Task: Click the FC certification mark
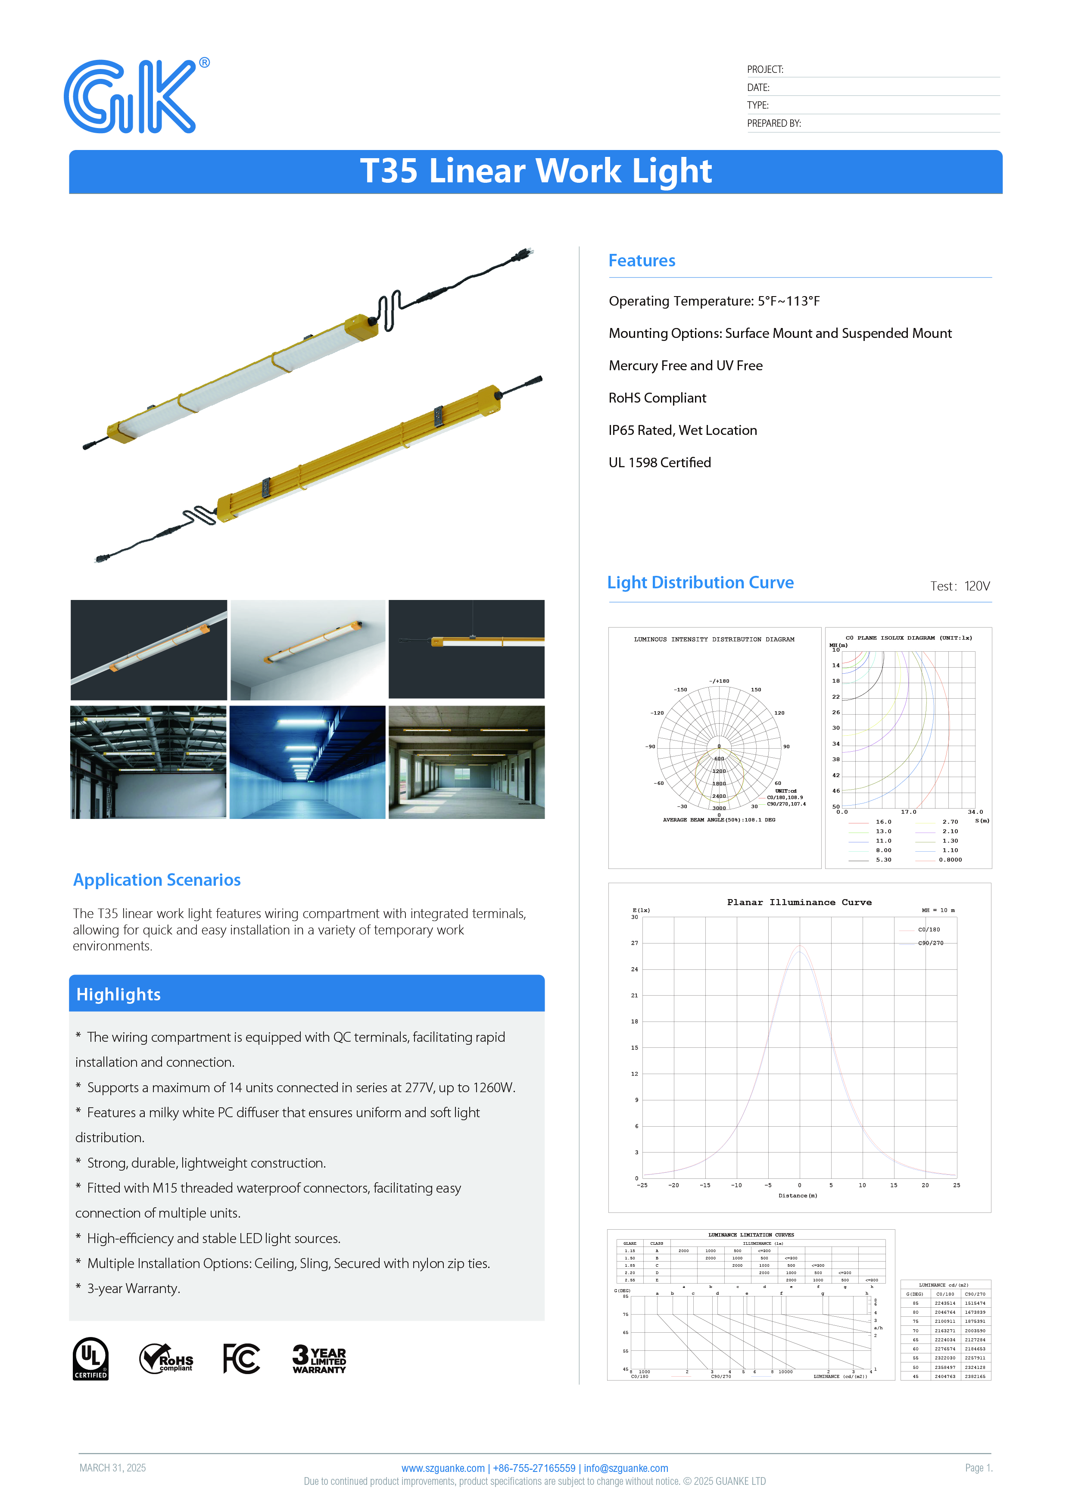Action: coord(242,1359)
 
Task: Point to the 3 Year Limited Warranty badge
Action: coord(319,1359)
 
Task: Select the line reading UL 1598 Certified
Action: coord(660,462)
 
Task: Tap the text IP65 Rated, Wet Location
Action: coord(683,430)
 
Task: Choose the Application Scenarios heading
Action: coord(157,880)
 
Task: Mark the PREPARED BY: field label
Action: coord(773,124)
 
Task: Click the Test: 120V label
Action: coord(960,586)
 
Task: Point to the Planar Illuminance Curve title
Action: coord(799,902)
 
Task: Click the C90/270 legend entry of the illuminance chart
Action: coord(930,943)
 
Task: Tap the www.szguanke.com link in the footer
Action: coord(443,1468)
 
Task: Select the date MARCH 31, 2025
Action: coord(112,1468)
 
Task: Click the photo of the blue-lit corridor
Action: coord(307,762)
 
